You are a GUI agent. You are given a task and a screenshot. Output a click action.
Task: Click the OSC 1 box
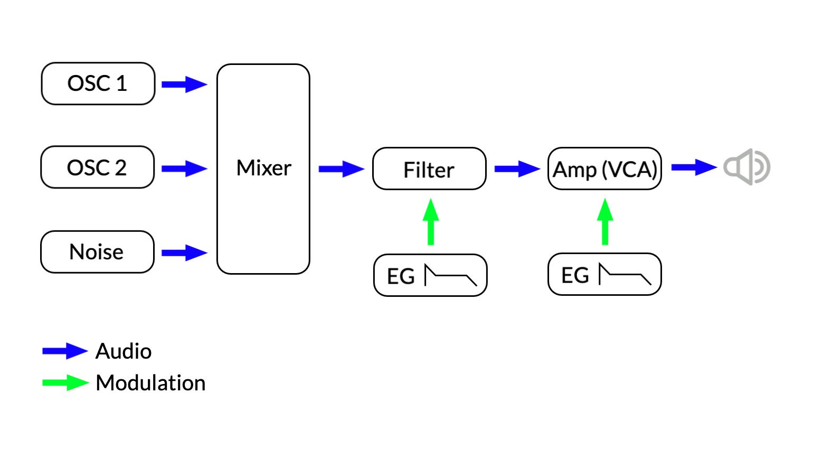(98, 83)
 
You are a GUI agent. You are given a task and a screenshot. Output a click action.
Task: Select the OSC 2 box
(98, 167)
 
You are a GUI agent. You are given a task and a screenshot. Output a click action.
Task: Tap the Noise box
(97, 252)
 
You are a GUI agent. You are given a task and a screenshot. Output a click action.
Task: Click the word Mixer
(263, 168)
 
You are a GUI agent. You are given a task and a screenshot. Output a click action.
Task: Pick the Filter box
(429, 169)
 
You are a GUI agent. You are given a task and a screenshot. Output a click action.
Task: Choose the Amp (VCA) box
(604, 169)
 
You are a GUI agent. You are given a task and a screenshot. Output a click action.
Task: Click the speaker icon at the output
(746, 167)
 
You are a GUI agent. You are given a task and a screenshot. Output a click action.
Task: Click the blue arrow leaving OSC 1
(184, 85)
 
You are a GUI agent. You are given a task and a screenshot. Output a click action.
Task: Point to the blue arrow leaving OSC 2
(184, 169)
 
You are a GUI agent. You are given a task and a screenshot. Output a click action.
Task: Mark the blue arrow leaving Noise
(184, 253)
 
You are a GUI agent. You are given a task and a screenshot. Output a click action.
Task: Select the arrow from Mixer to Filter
(341, 169)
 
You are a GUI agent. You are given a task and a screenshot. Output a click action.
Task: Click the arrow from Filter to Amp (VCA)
(517, 169)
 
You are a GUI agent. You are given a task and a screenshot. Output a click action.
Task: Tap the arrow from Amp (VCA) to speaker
(694, 167)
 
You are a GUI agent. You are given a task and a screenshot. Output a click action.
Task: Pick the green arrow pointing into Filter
(431, 222)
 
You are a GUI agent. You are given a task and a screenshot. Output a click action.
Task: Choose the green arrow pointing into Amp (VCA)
(605, 222)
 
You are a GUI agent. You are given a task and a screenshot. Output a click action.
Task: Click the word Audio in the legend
(124, 351)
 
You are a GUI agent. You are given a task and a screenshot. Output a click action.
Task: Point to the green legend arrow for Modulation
(65, 382)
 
